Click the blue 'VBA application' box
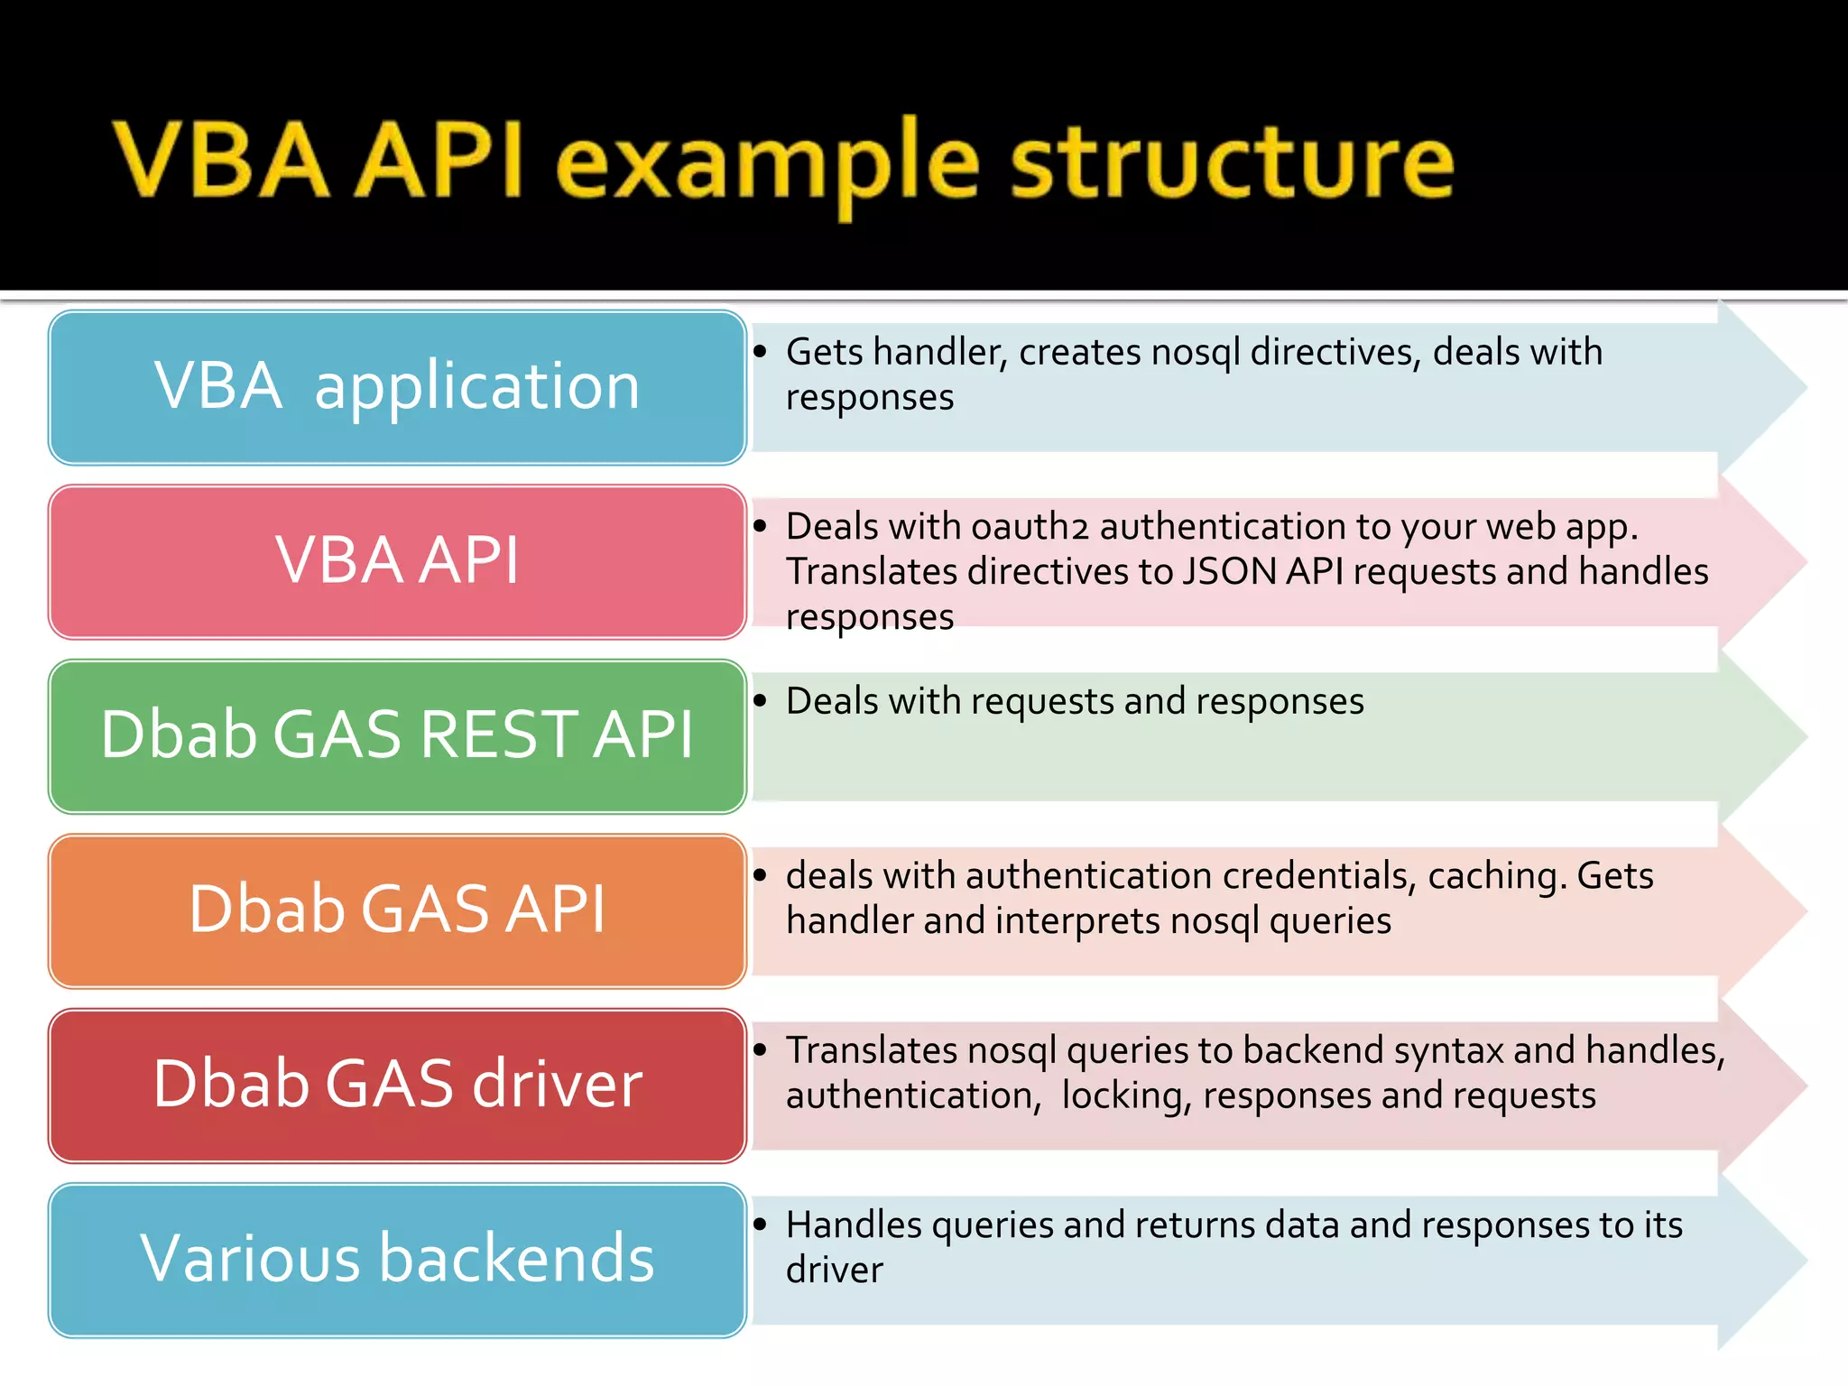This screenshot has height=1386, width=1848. pos(397,386)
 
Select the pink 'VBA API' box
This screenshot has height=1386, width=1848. pos(397,561)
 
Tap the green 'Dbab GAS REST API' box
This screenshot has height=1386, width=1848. pos(397,735)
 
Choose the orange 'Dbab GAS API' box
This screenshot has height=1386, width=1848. pos(397,910)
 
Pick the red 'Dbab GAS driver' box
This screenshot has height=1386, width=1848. pos(397,1085)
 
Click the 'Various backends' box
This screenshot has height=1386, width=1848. pos(397,1259)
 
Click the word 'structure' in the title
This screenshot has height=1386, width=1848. pos(1232,162)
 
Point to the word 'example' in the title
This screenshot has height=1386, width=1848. pos(767,167)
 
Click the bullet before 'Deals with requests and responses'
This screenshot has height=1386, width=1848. pos(760,701)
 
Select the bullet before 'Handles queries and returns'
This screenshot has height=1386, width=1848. pos(760,1224)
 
